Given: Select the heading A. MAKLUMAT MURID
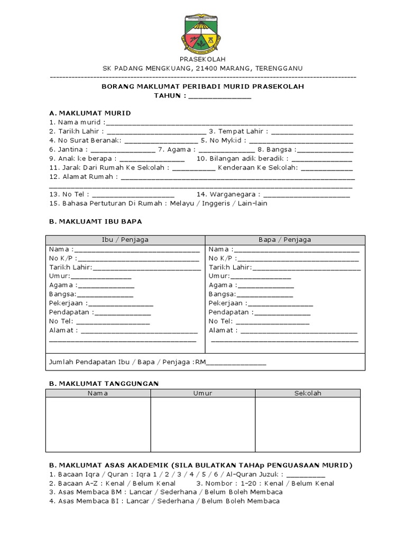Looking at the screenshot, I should tap(90, 113).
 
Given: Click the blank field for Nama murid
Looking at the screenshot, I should tap(228, 123).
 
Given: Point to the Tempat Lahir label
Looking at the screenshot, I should tap(238, 131).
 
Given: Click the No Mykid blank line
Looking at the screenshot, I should tap(301, 141).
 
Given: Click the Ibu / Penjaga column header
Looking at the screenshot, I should tap(125, 240).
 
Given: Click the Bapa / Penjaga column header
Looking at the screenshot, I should tap(284, 240).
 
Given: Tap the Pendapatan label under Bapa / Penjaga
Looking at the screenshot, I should tap(229, 312).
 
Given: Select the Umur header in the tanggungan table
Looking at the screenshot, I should tap(203, 393).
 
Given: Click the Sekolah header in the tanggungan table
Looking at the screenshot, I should tap(308, 393).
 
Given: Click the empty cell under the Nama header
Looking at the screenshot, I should tap(98, 424).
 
